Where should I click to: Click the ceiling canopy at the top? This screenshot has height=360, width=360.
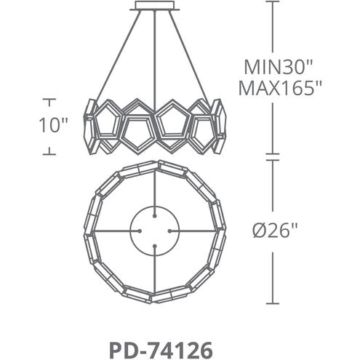click(x=155, y=7)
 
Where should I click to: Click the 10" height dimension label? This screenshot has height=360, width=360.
click(x=52, y=125)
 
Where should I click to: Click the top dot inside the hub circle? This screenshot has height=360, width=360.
click(x=155, y=215)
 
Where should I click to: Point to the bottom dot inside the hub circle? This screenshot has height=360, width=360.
click(x=155, y=247)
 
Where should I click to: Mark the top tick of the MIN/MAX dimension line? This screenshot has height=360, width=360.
click(x=273, y=2)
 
